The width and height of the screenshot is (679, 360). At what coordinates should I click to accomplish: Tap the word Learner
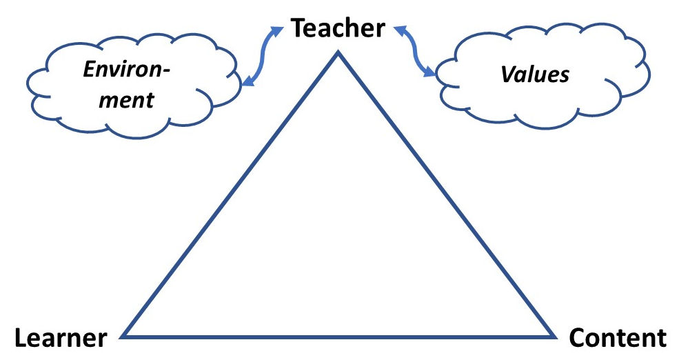click(61, 339)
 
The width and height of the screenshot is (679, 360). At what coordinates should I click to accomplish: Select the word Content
click(618, 339)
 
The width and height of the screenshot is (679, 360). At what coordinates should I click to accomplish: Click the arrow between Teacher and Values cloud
click(416, 50)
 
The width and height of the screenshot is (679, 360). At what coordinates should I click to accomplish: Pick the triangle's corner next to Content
click(555, 337)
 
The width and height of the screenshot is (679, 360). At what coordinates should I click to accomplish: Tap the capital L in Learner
click(21, 339)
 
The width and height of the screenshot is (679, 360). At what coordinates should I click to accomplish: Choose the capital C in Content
click(578, 339)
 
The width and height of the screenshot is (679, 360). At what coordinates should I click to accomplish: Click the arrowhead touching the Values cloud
click(432, 71)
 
